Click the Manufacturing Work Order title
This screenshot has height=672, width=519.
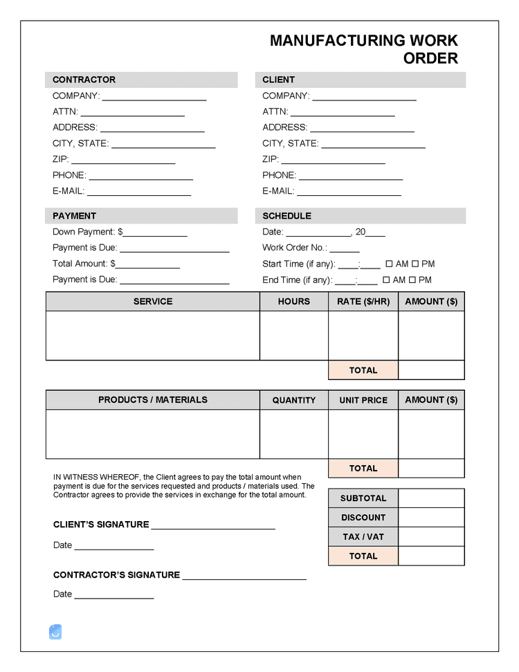click(364, 49)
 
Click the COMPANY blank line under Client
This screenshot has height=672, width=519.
click(364, 97)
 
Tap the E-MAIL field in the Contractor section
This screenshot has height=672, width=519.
click(138, 192)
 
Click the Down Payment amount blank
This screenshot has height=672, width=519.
click(155, 233)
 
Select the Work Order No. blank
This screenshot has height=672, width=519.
click(345, 248)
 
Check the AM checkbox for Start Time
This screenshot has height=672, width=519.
click(389, 264)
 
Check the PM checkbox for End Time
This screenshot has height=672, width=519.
click(412, 280)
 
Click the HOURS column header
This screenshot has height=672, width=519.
click(294, 302)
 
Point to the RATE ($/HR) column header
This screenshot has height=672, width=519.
click(363, 302)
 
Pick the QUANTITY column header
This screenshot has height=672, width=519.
click(294, 400)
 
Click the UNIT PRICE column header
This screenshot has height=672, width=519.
click(363, 400)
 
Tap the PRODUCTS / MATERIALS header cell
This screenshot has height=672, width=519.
click(153, 400)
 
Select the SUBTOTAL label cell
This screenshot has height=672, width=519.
click(363, 498)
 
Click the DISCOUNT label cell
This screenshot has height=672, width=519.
click(363, 518)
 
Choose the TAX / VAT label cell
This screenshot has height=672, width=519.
click(363, 537)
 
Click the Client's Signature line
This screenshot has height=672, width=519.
click(213, 525)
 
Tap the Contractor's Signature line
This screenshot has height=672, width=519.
click(244, 576)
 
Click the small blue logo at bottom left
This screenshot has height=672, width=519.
click(55, 631)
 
